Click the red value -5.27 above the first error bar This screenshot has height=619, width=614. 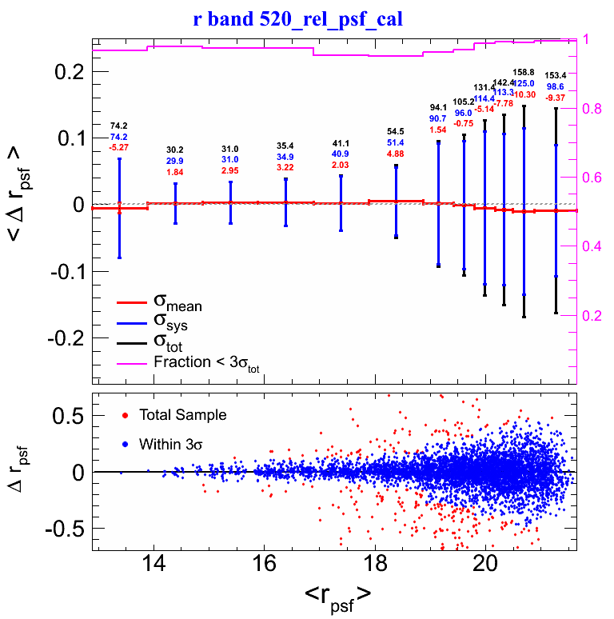coord(119,146)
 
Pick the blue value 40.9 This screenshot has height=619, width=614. coord(341,154)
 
